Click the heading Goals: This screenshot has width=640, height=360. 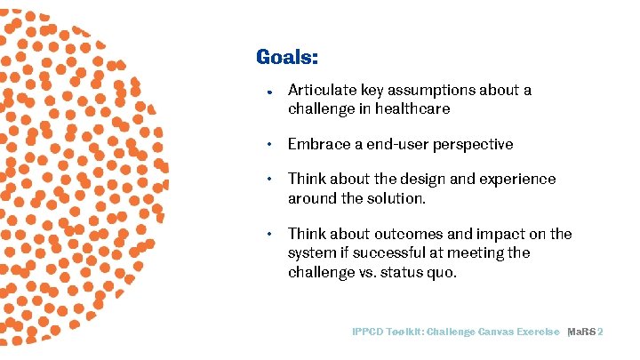pos(287,58)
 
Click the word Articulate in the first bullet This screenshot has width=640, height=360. pos(319,91)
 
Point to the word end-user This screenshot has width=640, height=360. pos(417,144)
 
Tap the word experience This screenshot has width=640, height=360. pos(524,179)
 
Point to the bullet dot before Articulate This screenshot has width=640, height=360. pos(269,92)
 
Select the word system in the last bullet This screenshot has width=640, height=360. pos(310,253)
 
